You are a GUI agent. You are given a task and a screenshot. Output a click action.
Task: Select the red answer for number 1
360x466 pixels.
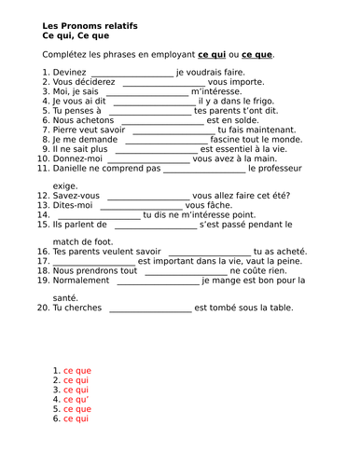tap(77, 371)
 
